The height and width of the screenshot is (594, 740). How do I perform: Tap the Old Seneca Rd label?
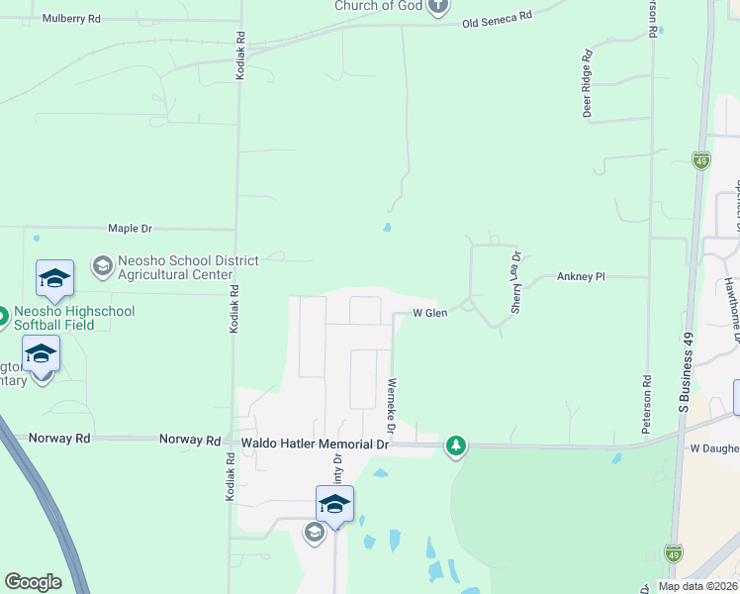tap(498, 17)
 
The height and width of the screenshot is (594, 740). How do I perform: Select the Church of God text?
tap(378, 6)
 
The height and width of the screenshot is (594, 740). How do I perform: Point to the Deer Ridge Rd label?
tap(587, 84)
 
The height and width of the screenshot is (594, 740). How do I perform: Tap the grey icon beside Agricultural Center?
tap(101, 265)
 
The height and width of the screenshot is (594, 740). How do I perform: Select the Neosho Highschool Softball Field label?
tap(74, 318)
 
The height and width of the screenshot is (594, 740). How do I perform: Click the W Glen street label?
tap(430, 313)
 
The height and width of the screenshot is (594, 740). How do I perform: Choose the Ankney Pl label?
tap(581, 277)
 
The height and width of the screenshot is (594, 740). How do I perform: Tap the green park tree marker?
tap(455, 447)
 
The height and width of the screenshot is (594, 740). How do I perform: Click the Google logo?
tap(34, 582)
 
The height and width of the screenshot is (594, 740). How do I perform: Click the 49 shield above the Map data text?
tap(674, 552)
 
